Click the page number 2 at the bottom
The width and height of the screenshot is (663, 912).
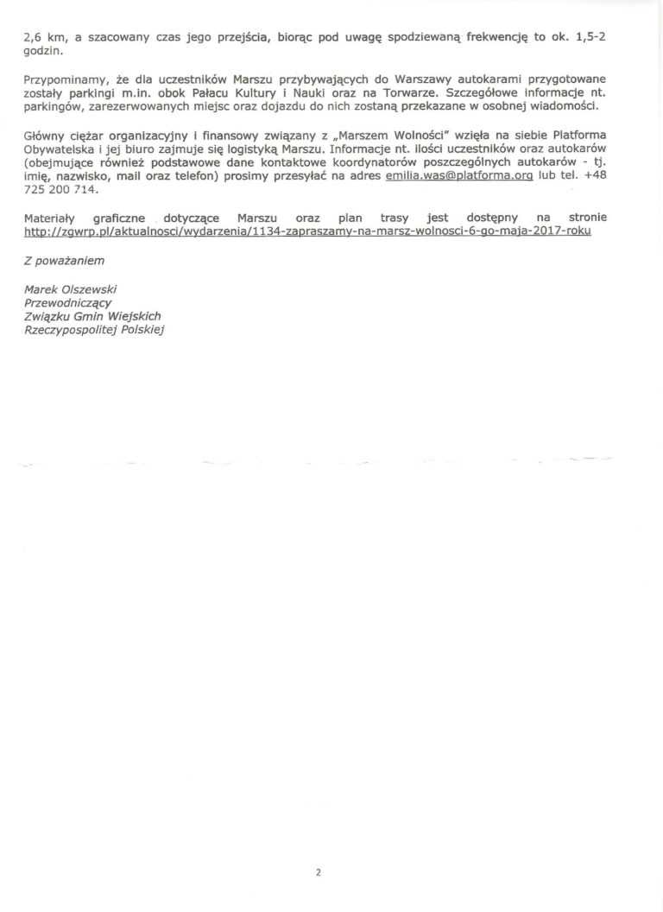point(319,848)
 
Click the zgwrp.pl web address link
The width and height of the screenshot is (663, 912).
point(307,232)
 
